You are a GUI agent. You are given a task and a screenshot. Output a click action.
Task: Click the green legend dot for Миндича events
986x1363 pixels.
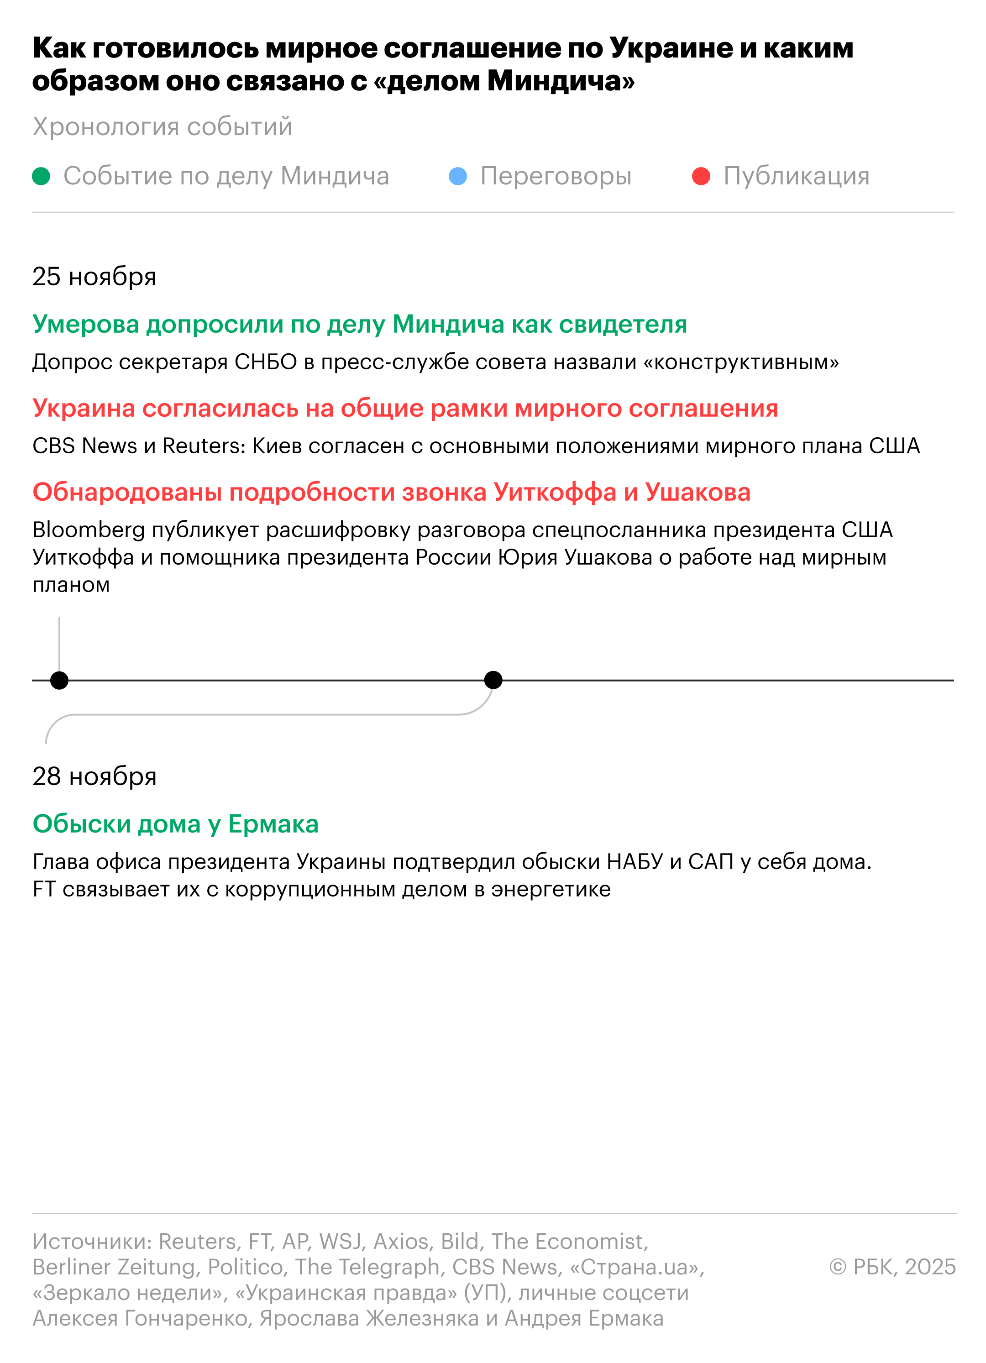pyautogui.click(x=41, y=177)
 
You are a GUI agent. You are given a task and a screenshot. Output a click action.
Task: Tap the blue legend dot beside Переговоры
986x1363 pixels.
pyautogui.click(x=458, y=177)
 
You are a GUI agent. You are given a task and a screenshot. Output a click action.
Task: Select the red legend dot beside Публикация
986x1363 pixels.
pyautogui.click(x=701, y=177)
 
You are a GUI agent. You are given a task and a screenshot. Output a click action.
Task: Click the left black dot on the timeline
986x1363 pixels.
pyautogui.click(x=59, y=680)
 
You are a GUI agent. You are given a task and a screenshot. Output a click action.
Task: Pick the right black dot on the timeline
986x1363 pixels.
pyautogui.click(x=493, y=680)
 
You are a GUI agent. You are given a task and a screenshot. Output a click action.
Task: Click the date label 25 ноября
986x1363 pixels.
pyautogui.click(x=94, y=277)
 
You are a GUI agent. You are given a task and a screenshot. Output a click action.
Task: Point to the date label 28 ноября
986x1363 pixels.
pyautogui.click(x=94, y=776)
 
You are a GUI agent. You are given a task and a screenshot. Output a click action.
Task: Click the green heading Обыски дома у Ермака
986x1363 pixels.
pyautogui.click(x=175, y=824)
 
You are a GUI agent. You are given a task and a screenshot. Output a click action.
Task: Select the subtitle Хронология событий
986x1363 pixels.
pyautogui.click(x=162, y=127)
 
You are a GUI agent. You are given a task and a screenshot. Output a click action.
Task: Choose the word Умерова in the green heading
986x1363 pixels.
pyautogui.click(x=86, y=325)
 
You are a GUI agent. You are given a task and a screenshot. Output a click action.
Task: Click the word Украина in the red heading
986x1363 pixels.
pyautogui.click(x=84, y=409)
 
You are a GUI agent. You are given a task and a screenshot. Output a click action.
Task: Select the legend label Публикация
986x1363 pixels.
pyautogui.click(x=796, y=177)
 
